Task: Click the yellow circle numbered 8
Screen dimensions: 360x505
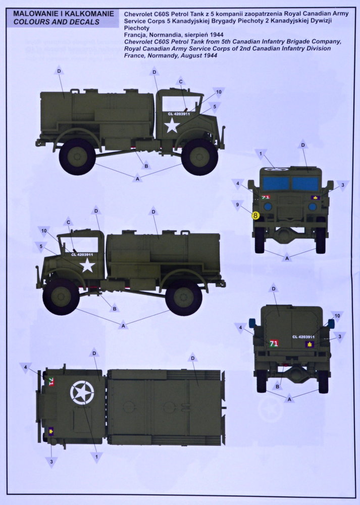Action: point(255,216)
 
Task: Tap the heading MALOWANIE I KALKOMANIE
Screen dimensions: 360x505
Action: point(64,14)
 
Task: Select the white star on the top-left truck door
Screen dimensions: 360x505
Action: point(172,125)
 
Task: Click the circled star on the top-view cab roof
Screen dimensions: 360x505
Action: point(82,392)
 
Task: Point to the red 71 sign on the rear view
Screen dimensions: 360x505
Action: point(274,343)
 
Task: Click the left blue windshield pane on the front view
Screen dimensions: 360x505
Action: point(276,184)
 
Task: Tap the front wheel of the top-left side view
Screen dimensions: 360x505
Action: point(199,157)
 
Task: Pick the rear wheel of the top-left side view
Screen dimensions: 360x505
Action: point(77,157)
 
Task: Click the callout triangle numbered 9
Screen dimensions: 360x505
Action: point(237,205)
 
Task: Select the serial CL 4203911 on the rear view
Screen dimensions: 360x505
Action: point(303,337)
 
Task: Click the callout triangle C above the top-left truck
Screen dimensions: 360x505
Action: point(181,81)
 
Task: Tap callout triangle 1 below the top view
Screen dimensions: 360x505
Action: point(96,457)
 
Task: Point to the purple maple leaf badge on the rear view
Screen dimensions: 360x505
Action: point(310,344)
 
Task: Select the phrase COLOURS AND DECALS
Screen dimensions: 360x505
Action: point(57,22)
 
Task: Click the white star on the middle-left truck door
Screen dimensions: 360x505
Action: point(87,266)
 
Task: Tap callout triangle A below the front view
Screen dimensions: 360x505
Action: point(287,258)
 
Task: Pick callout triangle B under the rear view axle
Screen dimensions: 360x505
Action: point(277,386)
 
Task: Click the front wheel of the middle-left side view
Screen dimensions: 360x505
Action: point(61,296)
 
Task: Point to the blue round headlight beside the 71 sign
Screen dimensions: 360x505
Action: point(268,207)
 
